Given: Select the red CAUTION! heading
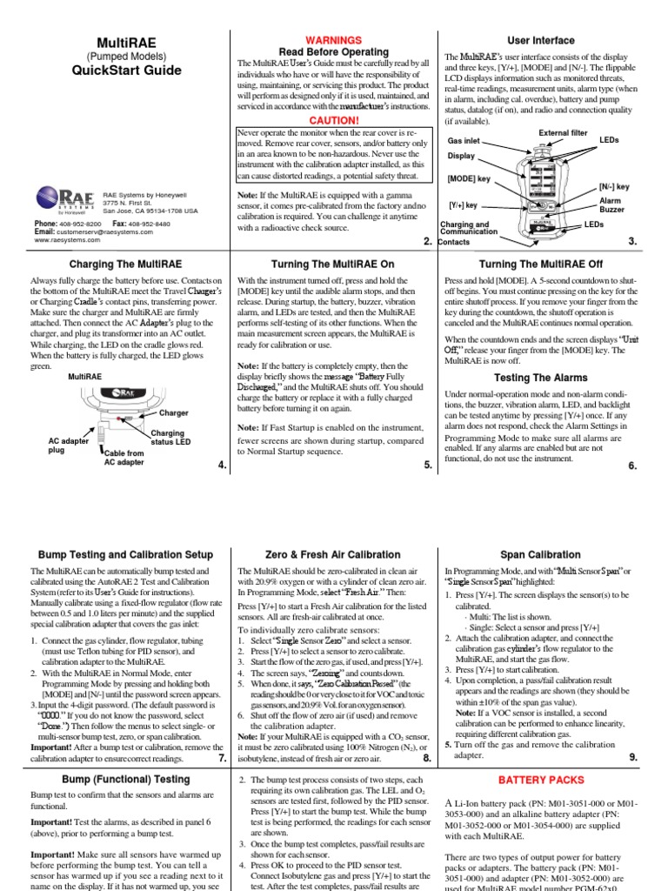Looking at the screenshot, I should (334, 119).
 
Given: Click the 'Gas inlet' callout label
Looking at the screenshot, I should (464, 140).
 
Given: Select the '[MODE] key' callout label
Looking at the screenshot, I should (470, 178).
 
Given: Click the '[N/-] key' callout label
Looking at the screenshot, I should (614, 186).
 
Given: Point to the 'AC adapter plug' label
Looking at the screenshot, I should (68, 445).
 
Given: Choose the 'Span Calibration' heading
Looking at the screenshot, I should (541, 554).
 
